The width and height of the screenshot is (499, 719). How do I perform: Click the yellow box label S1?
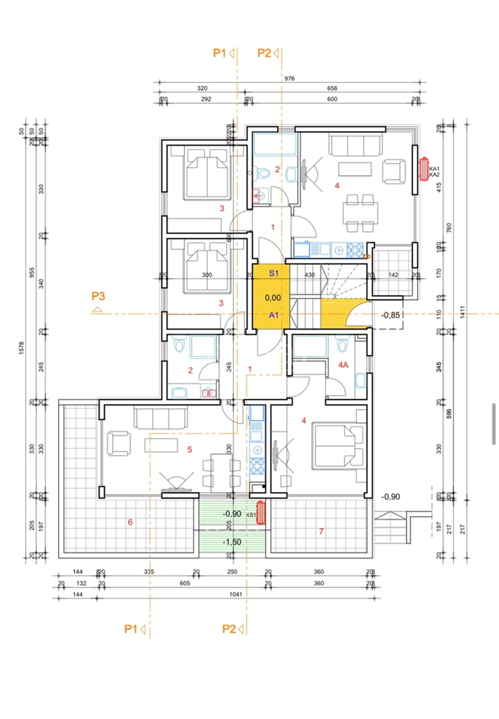[273, 273]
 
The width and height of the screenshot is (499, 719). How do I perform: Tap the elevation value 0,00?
[272, 298]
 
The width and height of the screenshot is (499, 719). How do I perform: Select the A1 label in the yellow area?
[273, 316]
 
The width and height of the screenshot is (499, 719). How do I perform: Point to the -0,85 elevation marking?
[390, 316]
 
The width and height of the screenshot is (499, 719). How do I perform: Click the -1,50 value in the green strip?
[232, 542]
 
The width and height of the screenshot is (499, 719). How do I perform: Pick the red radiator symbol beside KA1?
[424, 169]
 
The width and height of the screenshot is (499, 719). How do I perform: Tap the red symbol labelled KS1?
[262, 513]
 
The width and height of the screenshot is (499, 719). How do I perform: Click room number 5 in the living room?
[190, 450]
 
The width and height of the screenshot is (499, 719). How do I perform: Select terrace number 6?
[130, 522]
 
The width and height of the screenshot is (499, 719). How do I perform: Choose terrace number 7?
[321, 531]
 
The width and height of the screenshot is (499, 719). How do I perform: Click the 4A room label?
[344, 365]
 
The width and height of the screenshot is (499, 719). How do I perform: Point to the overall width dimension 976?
[289, 79]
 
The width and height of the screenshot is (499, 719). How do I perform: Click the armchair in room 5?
[120, 443]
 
